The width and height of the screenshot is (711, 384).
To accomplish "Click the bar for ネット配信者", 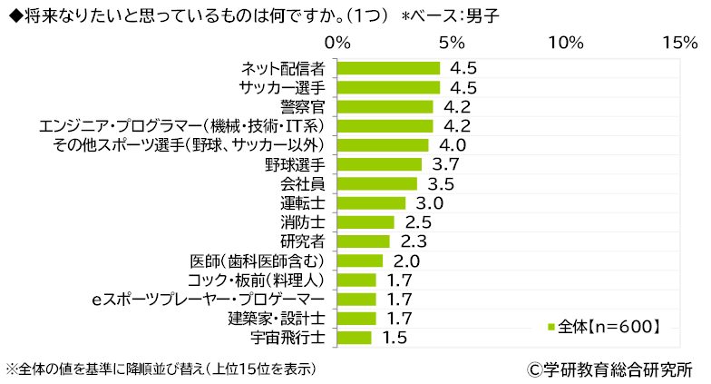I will click(388, 68).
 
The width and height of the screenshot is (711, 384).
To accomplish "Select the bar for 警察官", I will click(385, 106).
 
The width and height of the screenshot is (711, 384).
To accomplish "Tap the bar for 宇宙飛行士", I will click(354, 338).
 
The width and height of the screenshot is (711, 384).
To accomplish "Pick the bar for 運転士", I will click(371, 202).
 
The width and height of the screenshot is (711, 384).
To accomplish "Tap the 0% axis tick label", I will click(338, 43).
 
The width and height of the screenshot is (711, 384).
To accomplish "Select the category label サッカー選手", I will click(283, 87).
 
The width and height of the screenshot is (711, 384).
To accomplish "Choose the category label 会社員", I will click(304, 183).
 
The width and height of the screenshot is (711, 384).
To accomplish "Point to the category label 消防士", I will click(304, 222).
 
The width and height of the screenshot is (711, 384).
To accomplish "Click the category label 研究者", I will click(304, 241).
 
